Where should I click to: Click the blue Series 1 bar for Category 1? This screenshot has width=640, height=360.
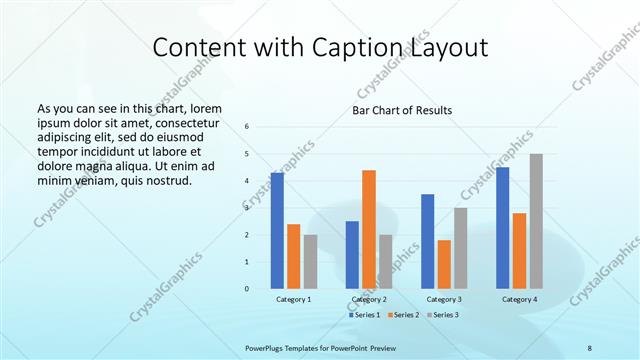click(277, 231)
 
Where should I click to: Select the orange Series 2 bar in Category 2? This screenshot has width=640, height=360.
click(369, 229)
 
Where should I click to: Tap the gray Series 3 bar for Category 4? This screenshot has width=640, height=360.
click(536, 221)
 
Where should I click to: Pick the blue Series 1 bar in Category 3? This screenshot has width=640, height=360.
click(428, 241)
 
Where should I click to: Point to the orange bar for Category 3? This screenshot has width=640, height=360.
click(444, 264)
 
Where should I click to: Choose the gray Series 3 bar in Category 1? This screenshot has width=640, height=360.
click(310, 262)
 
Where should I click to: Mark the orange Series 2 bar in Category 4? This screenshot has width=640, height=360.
click(520, 251)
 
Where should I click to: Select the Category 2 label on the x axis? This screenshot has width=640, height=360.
click(370, 299)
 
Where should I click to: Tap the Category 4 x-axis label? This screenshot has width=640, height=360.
click(519, 299)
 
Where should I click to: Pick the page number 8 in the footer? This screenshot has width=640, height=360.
click(590, 346)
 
